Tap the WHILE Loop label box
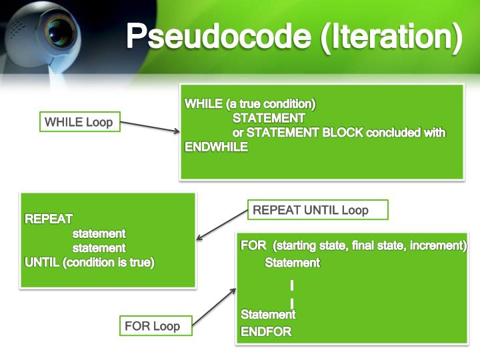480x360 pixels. pyautogui.click(x=79, y=122)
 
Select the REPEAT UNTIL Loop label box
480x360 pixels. pyautogui.click(x=317, y=210)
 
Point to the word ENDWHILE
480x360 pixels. pyautogui.click(x=216, y=147)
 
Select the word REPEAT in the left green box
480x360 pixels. pyautogui.click(x=49, y=219)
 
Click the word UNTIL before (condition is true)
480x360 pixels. pyautogui.click(x=42, y=263)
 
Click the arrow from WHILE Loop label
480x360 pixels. pyautogui.click(x=150, y=127)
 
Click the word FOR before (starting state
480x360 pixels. pyautogui.click(x=253, y=245)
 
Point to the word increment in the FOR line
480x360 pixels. pyautogui.click(x=437, y=245)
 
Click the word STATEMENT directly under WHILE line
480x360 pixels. pyautogui.click(x=269, y=119)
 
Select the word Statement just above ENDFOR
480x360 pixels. pyautogui.click(x=268, y=314)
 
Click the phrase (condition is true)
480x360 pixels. pyautogui.click(x=109, y=263)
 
